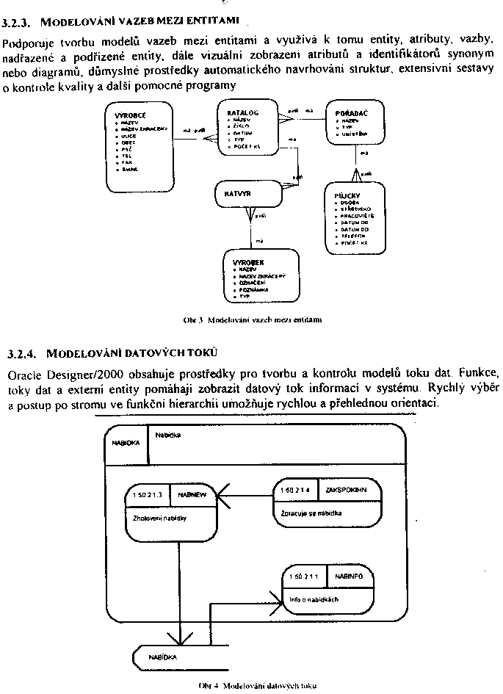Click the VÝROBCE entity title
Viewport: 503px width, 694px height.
(x=130, y=116)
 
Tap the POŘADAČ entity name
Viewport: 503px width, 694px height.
(x=351, y=113)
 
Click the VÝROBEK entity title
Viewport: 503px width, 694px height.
(x=244, y=262)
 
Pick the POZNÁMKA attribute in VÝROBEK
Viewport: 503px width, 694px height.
(x=254, y=290)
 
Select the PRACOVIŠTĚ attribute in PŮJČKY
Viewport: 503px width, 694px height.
(x=358, y=216)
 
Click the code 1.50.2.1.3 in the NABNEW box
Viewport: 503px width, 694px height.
(x=147, y=495)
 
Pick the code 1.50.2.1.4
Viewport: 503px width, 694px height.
(x=296, y=489)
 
